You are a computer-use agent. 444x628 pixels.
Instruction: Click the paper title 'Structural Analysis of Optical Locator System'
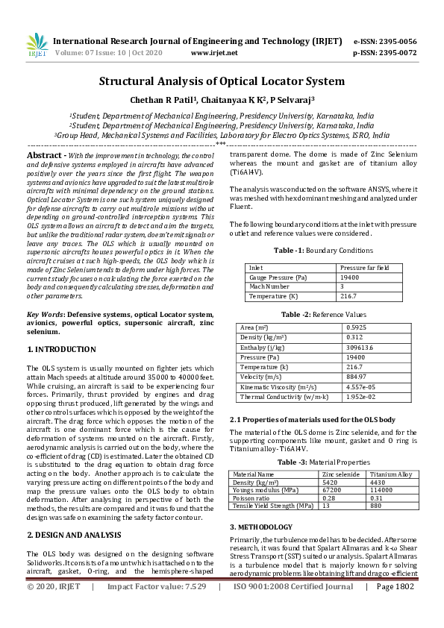point(222,81)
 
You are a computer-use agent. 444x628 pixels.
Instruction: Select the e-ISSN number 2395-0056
point(395,41)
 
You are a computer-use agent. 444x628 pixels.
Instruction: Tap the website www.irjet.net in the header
point(214,53)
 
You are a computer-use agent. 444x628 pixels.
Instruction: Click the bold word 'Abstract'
point(44,154)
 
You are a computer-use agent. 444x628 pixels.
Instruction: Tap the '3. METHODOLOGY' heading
point(260,506)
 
